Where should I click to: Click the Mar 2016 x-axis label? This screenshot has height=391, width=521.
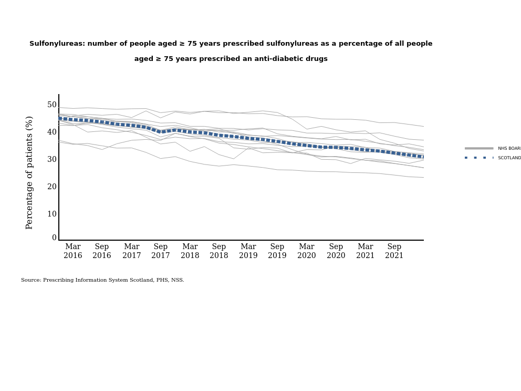[73, 251]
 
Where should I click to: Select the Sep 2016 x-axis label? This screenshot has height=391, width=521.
[102, 251]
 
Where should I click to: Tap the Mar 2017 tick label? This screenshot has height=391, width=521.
[132, 251]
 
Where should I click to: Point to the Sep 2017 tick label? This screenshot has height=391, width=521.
[161, 251]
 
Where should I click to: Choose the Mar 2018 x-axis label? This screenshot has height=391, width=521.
[190, 251]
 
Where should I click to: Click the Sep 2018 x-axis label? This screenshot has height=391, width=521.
[219, 251]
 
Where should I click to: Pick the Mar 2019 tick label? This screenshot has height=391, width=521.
[248, 251]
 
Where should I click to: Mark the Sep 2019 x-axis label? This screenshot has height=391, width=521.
[277, 251]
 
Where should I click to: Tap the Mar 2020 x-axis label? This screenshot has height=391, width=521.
[307, 251]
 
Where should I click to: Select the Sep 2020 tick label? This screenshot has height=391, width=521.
[336, 251]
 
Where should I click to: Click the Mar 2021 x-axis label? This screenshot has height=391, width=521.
[366, 251]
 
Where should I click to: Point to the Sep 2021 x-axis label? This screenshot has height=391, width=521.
[394, 251]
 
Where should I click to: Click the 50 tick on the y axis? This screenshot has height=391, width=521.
[52, 105]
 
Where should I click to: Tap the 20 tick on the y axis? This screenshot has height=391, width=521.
[52, 187]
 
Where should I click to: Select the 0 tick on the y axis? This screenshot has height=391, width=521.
[54, 238]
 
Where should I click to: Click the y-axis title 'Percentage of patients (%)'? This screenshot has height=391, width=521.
[29, 172]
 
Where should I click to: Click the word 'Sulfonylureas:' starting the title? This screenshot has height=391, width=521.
[57, 44]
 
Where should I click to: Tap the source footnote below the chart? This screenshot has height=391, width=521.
[102, 280]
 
